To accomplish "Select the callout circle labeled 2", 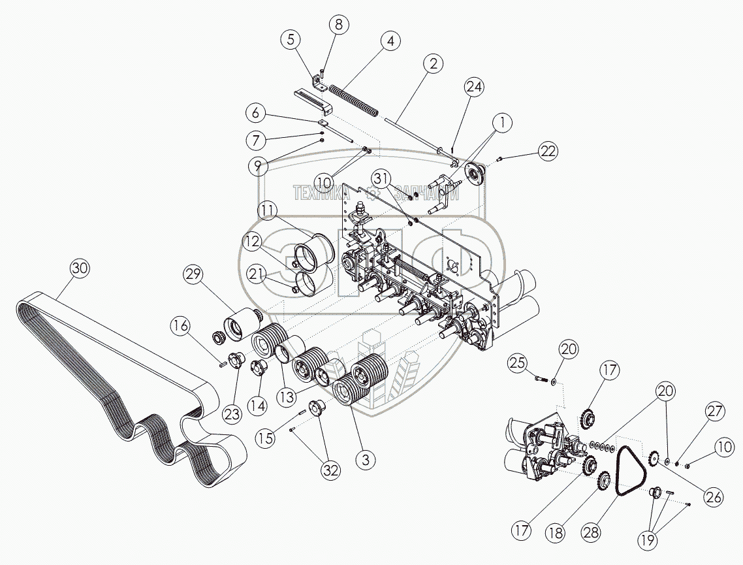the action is [432, 63].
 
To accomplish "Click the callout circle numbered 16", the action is [183, 325].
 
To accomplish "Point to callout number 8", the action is [338, 25].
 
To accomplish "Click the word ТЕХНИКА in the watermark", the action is [321, 193].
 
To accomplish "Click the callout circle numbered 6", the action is [255, 112].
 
